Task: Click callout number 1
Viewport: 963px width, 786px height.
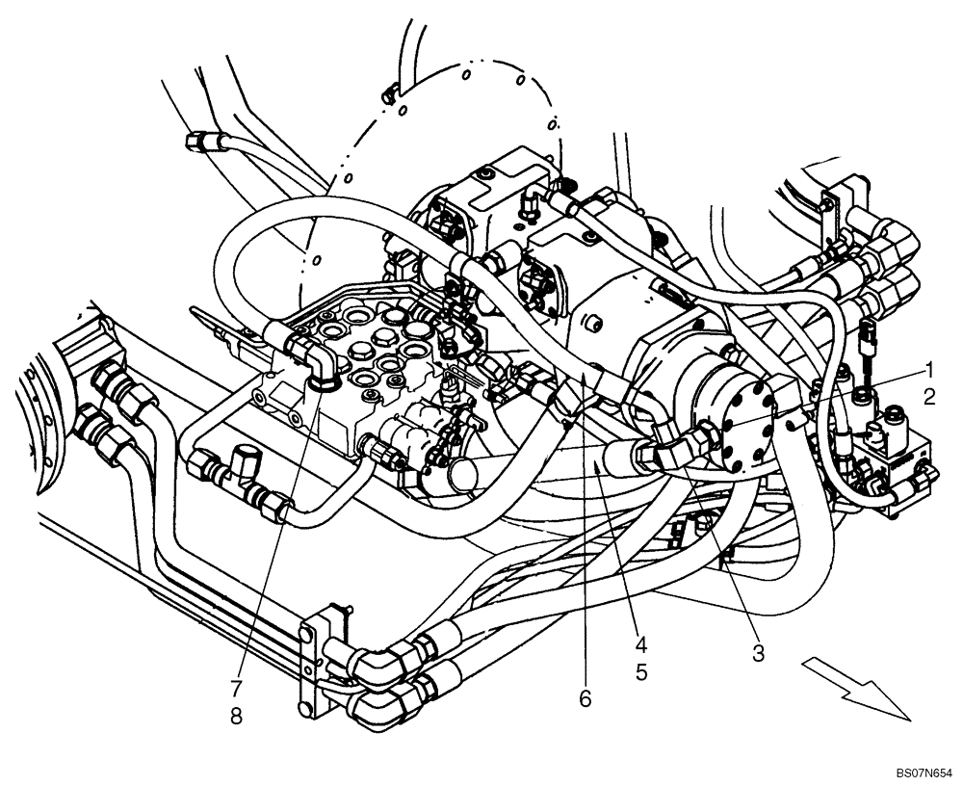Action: tap(929, 369)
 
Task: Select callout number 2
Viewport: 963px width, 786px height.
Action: tap(929, 395)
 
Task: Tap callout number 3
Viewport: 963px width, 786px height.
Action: tap(759, 654)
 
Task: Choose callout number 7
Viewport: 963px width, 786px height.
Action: tap(235, 688)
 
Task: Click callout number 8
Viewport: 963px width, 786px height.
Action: tap(235, 717)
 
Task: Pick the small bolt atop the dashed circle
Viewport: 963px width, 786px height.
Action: tap(390, 93)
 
